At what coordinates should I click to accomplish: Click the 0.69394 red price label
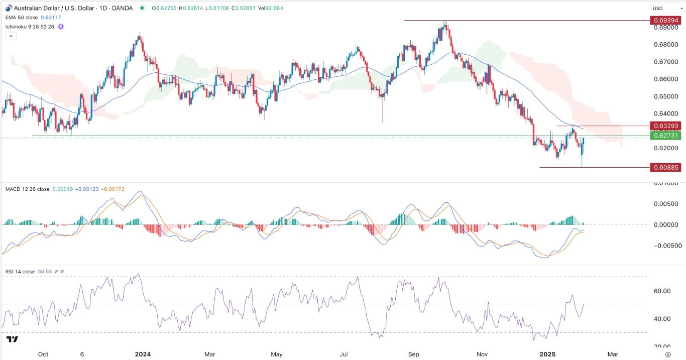pyautogui.click(x=665, y=20)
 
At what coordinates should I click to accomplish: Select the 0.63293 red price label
pyautogui.click(x=665, y=126)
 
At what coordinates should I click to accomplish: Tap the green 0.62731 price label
pyautogui.click(x=665, y=136)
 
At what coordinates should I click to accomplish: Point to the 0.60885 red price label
pyautogui.click(x=665, y=167)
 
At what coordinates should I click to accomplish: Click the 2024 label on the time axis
pyautogui.click(x=143, y=354)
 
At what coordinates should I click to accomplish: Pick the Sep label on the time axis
pyautogui.click(x=413, y=354)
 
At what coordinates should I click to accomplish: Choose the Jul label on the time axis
pyautogui.click(x=345, y=354)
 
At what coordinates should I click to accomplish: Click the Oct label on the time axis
pyautogui.click(x=44, y=354)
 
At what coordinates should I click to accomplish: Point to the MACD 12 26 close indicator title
pyautogui.click(x=28, y=189)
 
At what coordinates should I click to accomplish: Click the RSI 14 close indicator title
pyautogui.click(x=20, y=272)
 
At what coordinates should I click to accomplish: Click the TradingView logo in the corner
pyautogui.click(x=13, y=340)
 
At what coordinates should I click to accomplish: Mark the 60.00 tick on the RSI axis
pyautogui.click(x=663, y=291)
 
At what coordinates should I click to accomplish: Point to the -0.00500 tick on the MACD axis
pyautogui.click(x=663, y=246)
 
